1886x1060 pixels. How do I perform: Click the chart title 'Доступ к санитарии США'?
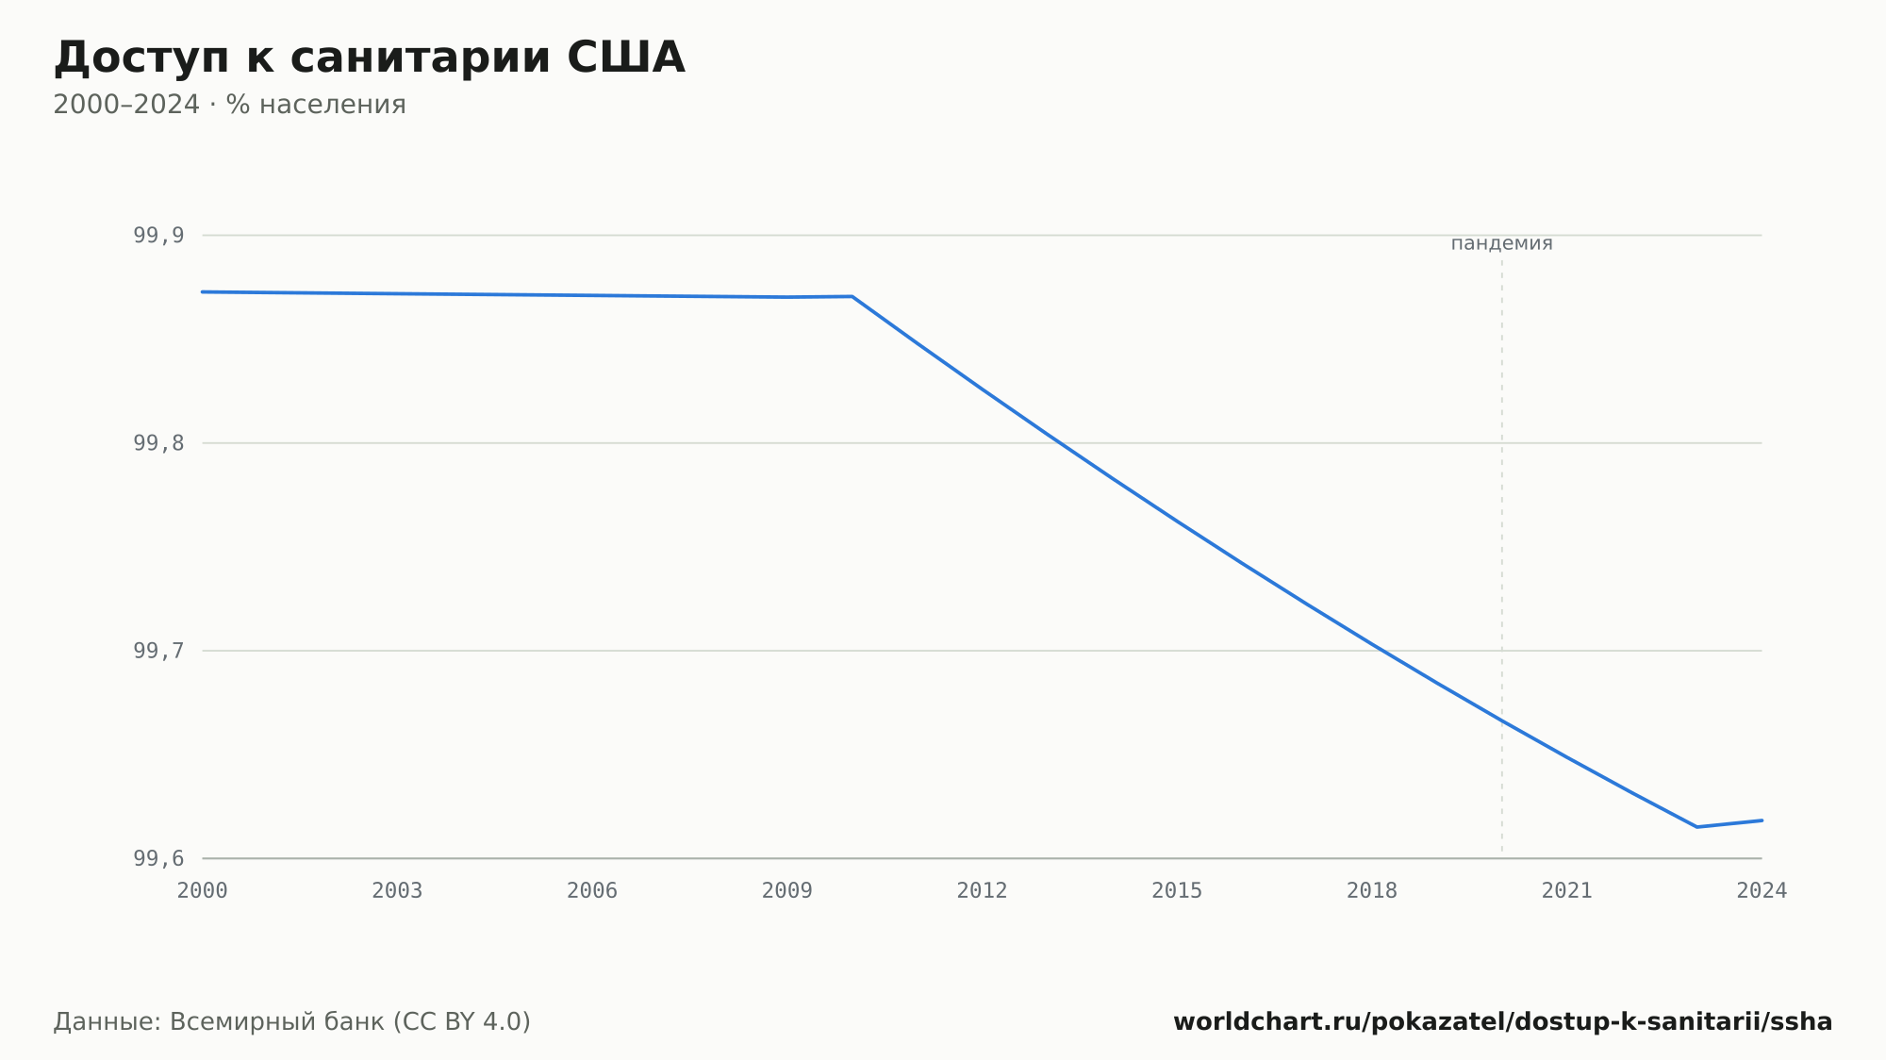tap(369, 58)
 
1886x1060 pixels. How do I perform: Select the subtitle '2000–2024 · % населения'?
tap(229, 105)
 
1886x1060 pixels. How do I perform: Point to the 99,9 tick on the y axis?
tap(158, 236)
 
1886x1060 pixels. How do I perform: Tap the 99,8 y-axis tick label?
tap(158, 443)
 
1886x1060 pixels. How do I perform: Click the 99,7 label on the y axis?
tap(158, 651)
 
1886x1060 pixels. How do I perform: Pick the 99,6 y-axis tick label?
tap(158, 858)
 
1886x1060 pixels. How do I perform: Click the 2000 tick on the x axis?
tap(203, 891)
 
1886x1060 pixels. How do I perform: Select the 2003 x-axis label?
tap(397, 891)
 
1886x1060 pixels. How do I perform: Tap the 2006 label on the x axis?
tap(592, 891)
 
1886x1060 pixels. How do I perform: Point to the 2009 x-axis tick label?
tap(787, 891)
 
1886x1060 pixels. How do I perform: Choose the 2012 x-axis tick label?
tap(983, 891)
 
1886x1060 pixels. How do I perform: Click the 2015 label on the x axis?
tap(1177, 891)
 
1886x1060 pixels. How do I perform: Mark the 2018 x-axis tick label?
tap(1372, 891)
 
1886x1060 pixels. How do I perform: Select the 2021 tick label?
tap(1567, 891)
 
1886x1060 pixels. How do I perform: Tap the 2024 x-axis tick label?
tap(1762, 891)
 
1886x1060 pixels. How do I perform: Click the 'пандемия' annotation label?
tap(1501, 243)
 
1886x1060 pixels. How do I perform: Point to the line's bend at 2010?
tap(852, 296)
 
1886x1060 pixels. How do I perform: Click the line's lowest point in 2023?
tap(1696, 827)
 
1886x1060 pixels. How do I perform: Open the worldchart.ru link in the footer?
tap(1503, 1022)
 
